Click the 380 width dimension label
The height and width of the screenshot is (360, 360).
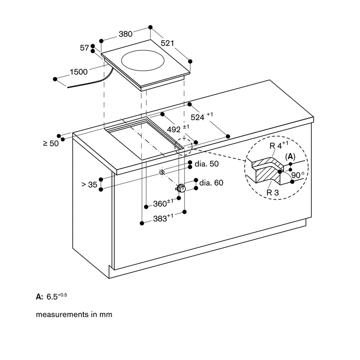point(126,34)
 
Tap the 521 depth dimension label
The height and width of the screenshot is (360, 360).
point(167,43)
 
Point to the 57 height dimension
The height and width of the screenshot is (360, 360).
point(84,48)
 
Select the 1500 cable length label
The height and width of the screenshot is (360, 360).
point(78,72)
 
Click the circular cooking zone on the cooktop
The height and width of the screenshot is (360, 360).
point(143,61)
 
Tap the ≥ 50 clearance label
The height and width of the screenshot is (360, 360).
point(51,144)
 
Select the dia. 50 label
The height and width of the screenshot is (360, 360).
point(207,164)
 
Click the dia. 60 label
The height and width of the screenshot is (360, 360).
point(211,183)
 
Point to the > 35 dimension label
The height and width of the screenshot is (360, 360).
point(89,184)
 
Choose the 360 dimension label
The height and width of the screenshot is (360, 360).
point(163,203)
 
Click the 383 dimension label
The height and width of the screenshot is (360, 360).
point(163,218)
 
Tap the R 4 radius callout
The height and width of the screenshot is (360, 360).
point(279,145)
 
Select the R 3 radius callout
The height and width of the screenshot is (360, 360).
point(273,193)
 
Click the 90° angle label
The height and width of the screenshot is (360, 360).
point(298,175)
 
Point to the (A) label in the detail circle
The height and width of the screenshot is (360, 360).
point(290,157)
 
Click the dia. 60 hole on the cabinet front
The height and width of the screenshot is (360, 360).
point(182,188)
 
